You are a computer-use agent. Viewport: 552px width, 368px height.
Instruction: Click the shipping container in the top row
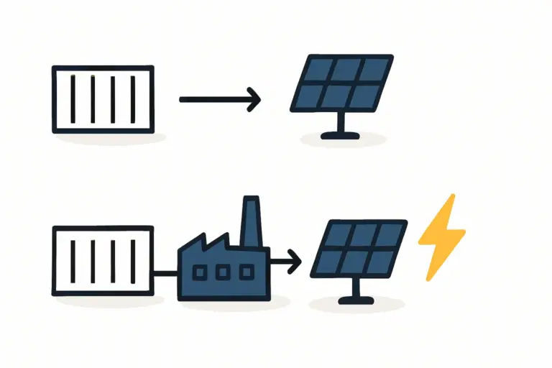click(103, 99)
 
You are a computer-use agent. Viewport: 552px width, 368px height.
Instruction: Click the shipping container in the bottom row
click(103, 260)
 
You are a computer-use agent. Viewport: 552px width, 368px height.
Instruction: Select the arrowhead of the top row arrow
click(254, 99)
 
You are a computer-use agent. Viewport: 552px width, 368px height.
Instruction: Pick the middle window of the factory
click(223, 272)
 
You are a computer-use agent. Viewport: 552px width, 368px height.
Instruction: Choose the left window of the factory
click(202, 272)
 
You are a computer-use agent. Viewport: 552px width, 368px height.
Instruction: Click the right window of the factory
click(246, 272)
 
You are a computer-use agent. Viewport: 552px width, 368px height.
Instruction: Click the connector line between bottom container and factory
click(166, 272)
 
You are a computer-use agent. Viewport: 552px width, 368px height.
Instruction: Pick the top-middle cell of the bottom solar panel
click(364, 234)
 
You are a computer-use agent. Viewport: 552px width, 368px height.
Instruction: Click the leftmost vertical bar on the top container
click(72, 99)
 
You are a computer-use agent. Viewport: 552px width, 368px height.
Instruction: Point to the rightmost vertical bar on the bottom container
click(133, 260)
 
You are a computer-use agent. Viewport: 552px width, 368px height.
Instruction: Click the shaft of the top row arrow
click(212, 99)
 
